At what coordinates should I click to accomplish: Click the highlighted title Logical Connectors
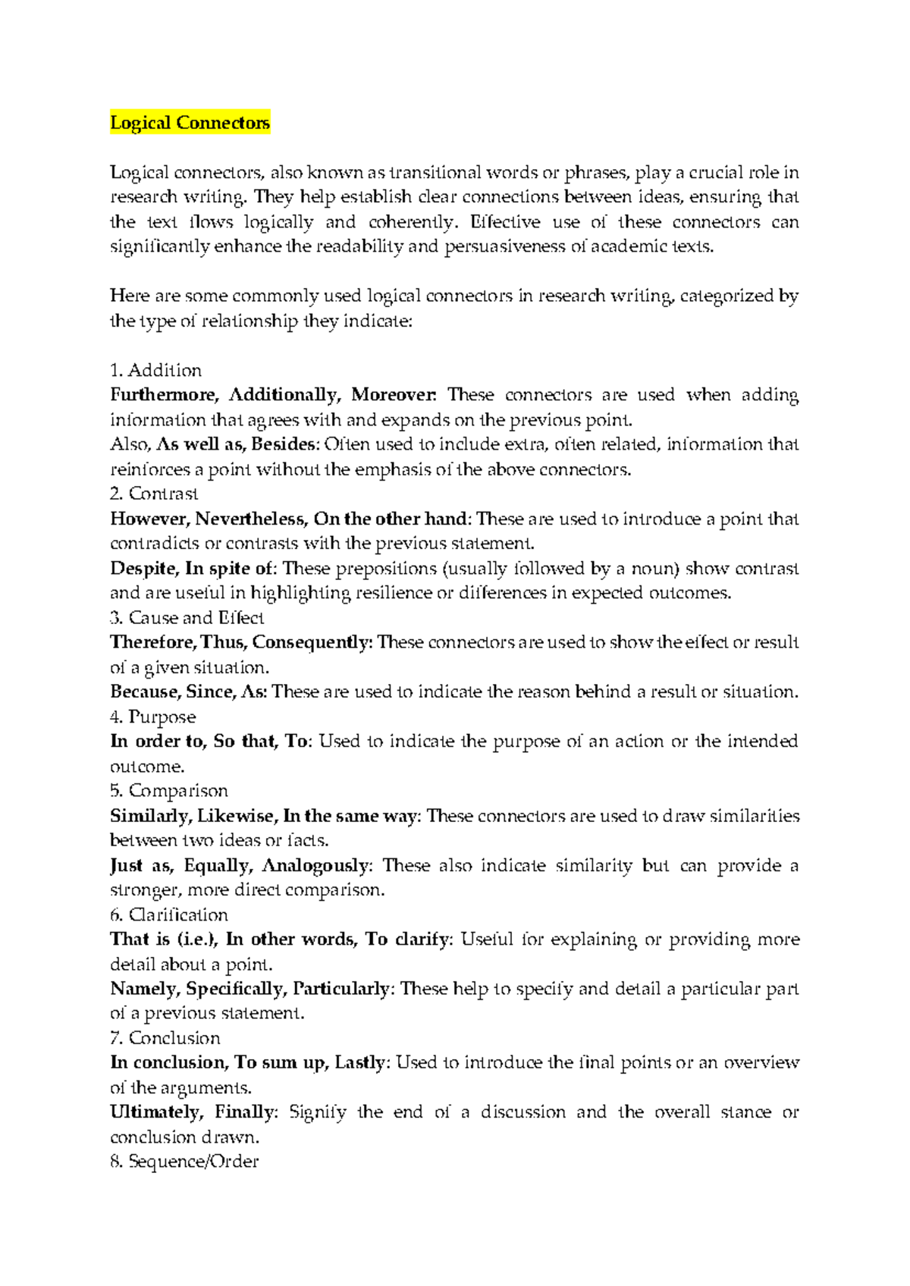[190, 123]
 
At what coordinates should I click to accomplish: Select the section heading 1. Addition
[155, 370]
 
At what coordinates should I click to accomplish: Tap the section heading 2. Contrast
[154, 494]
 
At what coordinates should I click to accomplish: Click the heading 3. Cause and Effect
[187, 617]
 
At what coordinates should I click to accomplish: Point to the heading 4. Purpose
[152, 717]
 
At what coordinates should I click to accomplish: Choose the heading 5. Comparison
[168, 791]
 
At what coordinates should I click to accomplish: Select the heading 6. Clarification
[168, 914]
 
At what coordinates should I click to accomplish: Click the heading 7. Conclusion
[165, 1038]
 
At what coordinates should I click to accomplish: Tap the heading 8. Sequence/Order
[184, 1162]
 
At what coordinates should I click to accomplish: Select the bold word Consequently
[311, 642]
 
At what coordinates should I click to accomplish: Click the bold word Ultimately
[155, 1112]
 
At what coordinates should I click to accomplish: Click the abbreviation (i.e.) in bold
[197, 939]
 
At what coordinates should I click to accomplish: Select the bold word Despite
[143, 569]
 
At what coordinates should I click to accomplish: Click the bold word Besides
[284, 444]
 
